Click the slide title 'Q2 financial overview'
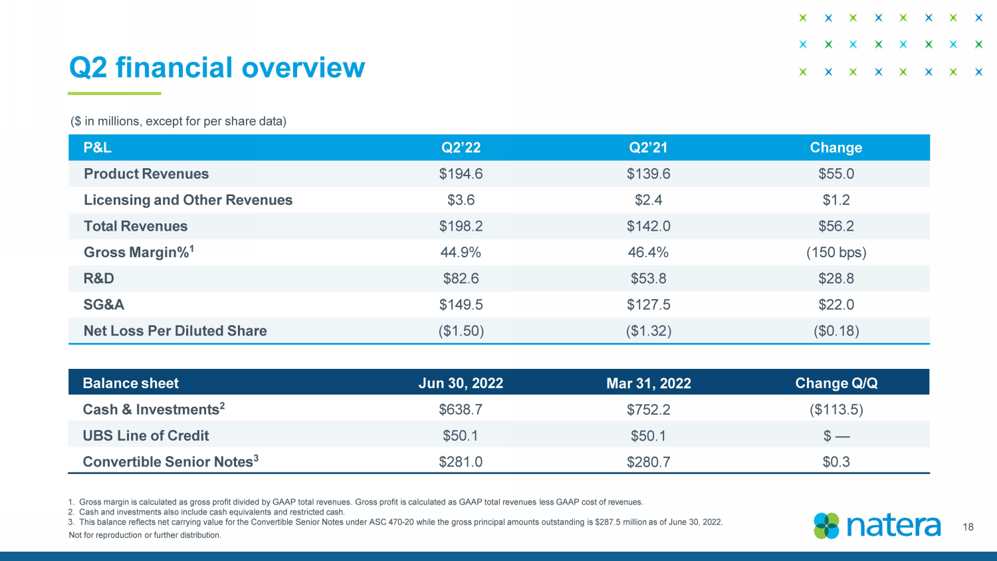click(x=217, y=68)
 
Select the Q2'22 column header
click(x=461, y=148)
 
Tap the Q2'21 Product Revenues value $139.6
click(x=649, y=173)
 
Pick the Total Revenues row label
click(x=136, y=226)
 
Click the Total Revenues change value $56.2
click(x=836, y=226)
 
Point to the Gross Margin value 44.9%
click(x=461, y=253)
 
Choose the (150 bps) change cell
click(x=836, y=253)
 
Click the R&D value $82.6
click(x=461, y=279)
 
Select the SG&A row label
click(x=104, y=304)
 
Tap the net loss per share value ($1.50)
click(x=461, y=331)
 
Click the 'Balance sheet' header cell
click(x=131, y=383)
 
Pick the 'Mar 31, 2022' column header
click(x=649, y=383)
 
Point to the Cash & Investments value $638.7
click(x=461, y=409)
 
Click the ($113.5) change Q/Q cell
click(x=836, y=409)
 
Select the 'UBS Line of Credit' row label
click(x=146, y=435)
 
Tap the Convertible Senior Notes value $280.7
click(x=649, y=462)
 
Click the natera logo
click(x=877, y=526)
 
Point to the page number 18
click(x=968, y=527)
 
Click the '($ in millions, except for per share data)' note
click(x=178, y=121)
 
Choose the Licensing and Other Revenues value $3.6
click(x=461, y=200)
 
